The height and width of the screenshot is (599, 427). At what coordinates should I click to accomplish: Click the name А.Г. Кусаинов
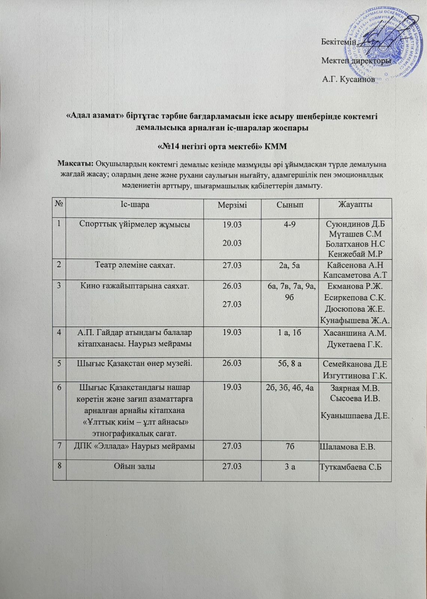tap(348, 79)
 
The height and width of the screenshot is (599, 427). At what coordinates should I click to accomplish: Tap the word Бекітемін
tap(339, 41)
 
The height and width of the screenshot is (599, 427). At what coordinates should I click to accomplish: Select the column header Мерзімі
tap(232, 205)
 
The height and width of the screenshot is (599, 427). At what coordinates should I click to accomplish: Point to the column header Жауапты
tap(355, 205)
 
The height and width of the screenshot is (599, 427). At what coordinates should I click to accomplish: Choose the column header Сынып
tap(290, 205)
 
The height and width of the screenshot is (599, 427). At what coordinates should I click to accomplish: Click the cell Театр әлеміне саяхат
tap(134, 265)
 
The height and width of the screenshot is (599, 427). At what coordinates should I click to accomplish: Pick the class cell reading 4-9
tap(290, 225)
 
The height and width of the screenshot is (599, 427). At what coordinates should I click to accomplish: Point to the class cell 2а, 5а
tap(290, 265)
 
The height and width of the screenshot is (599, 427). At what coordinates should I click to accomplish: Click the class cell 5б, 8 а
tap(290, 364)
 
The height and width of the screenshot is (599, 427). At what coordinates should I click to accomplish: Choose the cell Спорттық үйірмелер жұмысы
tap(134, 225)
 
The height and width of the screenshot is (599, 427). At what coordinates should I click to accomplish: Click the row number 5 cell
tap(60, 364)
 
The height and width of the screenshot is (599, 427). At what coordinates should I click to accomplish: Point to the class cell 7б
tap(290, 446)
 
